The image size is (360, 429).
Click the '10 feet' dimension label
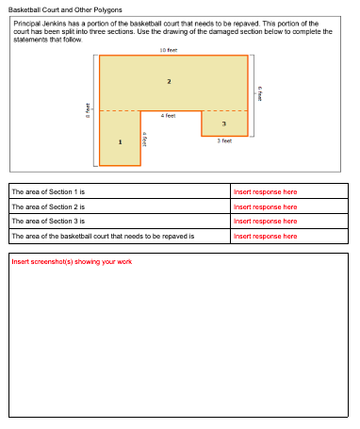tap(169, 49)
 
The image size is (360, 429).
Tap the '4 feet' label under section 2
tap(168, 115)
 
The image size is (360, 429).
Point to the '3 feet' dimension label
tap(224, 140)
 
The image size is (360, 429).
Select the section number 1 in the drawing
tap(120, 142)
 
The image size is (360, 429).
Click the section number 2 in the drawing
tap(169, 82)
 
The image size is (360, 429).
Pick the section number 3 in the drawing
tap(223, 124)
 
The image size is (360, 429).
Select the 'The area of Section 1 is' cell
tap(49, 191)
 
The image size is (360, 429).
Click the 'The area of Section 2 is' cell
tap(49, 206)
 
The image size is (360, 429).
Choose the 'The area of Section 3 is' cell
tap(49, 221)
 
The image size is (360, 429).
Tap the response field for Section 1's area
tap(265, 191)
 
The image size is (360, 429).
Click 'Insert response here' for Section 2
tap(265, 206)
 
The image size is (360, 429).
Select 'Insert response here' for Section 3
tap(265, 221)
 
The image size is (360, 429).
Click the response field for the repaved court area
tap(265, 236)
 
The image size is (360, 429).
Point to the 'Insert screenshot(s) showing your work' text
tap(72, 261)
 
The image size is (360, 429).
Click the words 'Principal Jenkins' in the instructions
tap(38, 22)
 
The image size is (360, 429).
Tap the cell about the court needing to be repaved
tap(102, 236)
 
